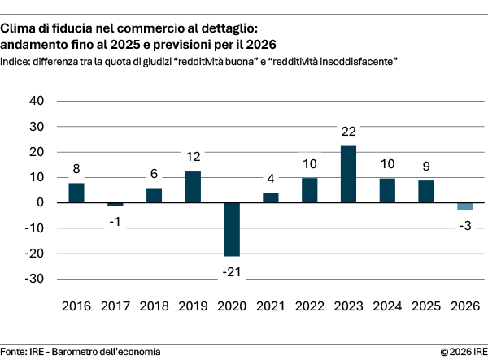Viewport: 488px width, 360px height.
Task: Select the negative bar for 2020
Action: [232, 229]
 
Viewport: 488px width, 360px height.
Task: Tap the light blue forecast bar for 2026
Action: [465, 206]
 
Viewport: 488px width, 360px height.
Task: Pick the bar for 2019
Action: [193, 187]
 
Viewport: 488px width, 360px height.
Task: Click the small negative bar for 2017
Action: [115, 205]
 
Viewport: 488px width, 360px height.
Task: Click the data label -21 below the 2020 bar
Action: [232, 270]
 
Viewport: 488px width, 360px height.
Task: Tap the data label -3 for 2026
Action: [465, 224]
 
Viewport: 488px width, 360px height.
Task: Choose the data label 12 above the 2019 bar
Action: [193, 157]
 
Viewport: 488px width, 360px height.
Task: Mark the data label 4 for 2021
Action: [271, 179]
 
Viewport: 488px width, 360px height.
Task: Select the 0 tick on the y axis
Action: [40, 202]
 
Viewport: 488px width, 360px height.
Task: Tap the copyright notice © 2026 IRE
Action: [463, 351]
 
